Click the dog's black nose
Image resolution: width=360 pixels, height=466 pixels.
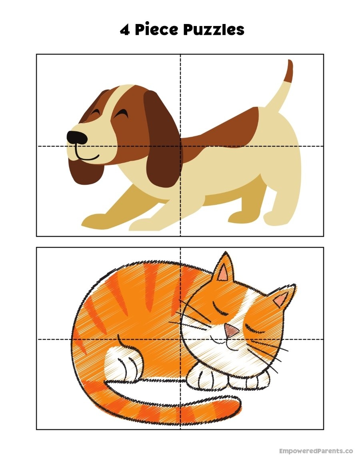pyautogui.click(x=77, y=137)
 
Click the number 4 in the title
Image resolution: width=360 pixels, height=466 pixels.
pyautogui.click(x=125, y=30)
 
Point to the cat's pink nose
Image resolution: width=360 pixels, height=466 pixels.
pyautogui.click(x=232, y=330)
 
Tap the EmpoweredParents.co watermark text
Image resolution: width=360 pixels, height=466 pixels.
pyautogui.click(x=316, y=451)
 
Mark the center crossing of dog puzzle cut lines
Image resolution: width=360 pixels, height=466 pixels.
pyautogui.click(x=180, y=146)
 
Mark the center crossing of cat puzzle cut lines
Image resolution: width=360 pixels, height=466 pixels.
pyautogui.click(x=180, y=340)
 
